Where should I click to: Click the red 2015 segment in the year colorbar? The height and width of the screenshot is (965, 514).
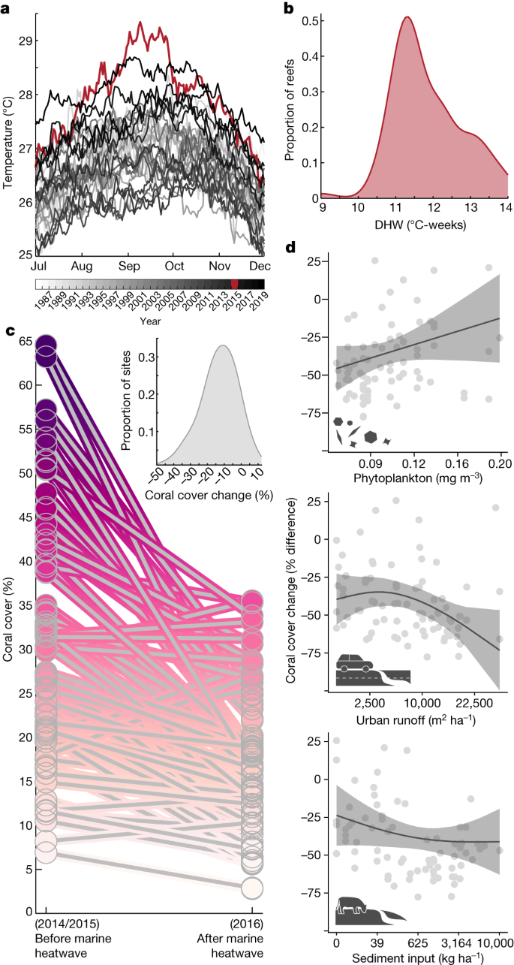click(234, 283)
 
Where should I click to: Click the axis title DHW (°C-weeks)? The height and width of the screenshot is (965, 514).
click(415, 224)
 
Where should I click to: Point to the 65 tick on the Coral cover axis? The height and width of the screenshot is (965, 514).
click(23, 342)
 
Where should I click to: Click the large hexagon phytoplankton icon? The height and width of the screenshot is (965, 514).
click(370, 436)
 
